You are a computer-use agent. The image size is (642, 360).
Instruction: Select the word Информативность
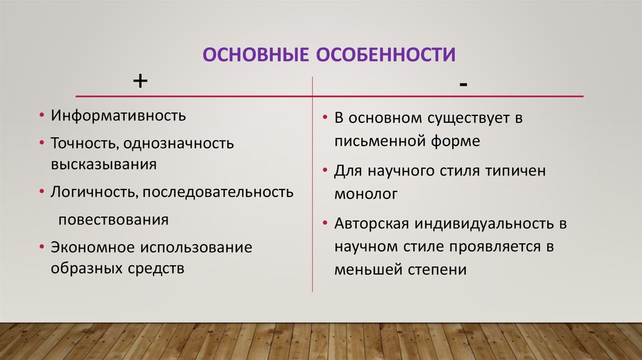pos(118,117)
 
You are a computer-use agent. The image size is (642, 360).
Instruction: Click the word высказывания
pos(103,164)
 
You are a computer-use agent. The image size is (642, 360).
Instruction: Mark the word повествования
pos(113,220)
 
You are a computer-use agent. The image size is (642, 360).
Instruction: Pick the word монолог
pos(366,194)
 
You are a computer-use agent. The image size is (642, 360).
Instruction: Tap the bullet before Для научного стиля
pos(326,171)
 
